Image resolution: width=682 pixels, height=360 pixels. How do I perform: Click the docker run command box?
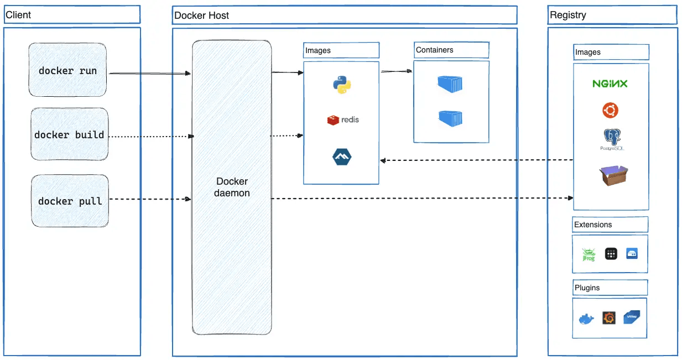tap(67, 71)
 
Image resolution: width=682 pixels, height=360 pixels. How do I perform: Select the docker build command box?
tap(69, 135)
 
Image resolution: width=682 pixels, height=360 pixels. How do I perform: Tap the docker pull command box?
tap(70, 201)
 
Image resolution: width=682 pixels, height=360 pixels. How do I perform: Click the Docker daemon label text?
tap(232, 187)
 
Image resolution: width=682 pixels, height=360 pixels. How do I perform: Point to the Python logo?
tap(342, 85)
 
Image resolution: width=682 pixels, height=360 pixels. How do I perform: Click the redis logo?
tap(343, 119)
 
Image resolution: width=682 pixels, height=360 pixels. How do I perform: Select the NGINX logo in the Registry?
tap(610, 84)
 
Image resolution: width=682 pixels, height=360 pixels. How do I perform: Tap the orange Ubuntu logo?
tap(610, 111)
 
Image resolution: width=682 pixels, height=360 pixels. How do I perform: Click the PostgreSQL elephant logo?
tap(610, 139)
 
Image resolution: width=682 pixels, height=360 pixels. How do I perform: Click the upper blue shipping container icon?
tap(450, 84)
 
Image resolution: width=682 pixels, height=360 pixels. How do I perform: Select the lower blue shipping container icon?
tap(450, 118)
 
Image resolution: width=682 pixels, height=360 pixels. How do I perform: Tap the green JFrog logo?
tap(588, 254)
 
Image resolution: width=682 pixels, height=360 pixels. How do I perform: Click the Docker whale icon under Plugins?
tap(586, 319)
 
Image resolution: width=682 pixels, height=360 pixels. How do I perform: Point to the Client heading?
tap(18, 15)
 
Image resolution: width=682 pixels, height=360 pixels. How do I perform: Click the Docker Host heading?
tap(201, 15)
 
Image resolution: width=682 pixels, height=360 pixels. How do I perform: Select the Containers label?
tap(435, 50)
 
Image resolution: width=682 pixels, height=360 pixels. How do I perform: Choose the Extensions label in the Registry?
tap(593, 225)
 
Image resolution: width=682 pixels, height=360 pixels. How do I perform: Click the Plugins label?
tap(587, 288)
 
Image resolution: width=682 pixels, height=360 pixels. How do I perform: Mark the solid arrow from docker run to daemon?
tap(149, 73)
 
